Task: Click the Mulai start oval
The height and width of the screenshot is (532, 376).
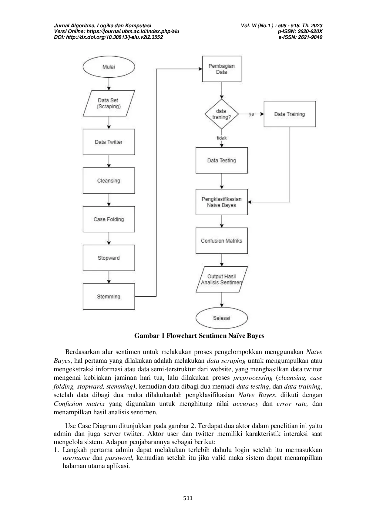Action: pos(109,67)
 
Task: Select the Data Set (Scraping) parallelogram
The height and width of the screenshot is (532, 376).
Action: pos(109,103)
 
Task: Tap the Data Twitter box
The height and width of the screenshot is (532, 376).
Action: pos(109,142)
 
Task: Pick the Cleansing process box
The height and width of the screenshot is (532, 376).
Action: pos(109,180)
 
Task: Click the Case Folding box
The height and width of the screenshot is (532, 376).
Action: pos(109,219)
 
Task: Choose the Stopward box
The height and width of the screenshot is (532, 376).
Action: pos(109,258)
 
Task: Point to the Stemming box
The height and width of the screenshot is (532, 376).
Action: pos(109,297)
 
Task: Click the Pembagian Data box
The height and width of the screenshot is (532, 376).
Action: pos(222,69)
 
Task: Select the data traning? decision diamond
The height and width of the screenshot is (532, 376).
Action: pos(222,114)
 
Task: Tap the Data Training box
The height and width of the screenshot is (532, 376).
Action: pos(290,114)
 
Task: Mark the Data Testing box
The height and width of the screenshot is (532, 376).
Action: pos(222,160)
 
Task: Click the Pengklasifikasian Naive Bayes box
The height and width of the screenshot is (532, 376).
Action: pos(222,202)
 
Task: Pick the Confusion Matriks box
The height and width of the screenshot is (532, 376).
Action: pos(222,241)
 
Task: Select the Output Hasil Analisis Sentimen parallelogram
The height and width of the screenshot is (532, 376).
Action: pos(222,279)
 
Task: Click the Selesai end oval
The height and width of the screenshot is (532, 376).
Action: pos(222,318)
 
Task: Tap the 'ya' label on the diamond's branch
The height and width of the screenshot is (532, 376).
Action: pos(251,114)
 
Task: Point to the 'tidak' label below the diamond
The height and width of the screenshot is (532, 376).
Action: pos(222,138)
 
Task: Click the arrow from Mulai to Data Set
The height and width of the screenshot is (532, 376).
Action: pos(109,84)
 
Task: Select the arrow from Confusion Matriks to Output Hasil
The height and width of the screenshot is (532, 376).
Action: pos(222,260)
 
